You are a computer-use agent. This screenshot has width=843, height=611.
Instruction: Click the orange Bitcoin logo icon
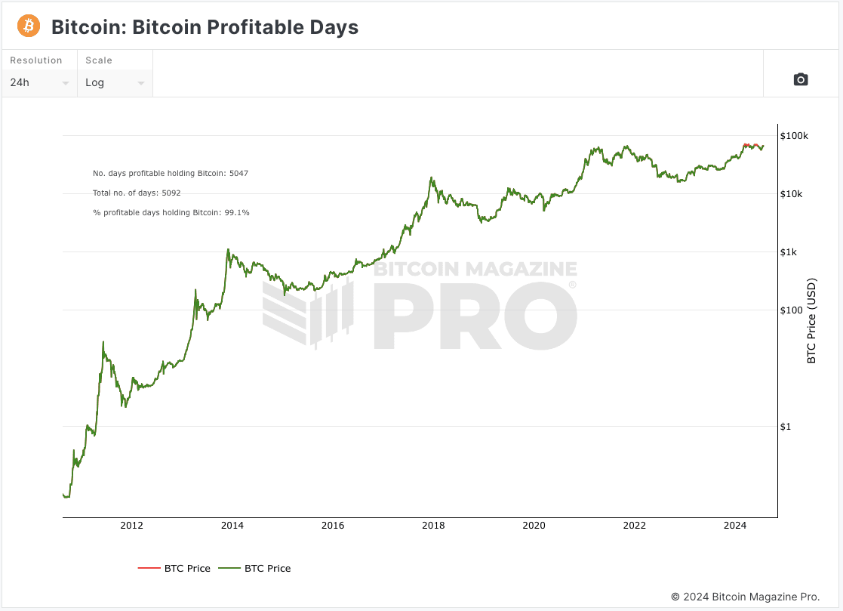point(29,26)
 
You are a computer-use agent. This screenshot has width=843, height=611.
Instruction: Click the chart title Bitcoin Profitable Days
point(205,28)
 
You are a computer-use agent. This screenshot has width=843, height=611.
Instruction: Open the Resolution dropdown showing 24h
point(39,82)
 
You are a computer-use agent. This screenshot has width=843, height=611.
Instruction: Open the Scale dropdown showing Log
point(115,82)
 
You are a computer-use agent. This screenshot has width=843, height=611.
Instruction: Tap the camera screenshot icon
point(801,79)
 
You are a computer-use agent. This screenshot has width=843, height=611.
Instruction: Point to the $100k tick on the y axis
point(795,136)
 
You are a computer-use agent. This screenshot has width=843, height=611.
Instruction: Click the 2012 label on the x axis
point(131,526)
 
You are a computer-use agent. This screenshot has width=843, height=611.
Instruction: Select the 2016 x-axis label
point(333,526)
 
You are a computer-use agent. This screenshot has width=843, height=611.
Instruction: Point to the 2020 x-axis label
point(534,526)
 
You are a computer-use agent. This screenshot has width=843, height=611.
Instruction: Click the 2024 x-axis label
point(734,526)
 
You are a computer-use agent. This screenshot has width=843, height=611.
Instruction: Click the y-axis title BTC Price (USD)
point(812,322)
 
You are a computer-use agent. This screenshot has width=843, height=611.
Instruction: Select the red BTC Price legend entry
point(174,568)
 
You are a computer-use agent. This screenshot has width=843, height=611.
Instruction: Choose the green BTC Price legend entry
point(254,568)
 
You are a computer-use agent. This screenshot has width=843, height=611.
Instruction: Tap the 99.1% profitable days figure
point(237,213)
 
